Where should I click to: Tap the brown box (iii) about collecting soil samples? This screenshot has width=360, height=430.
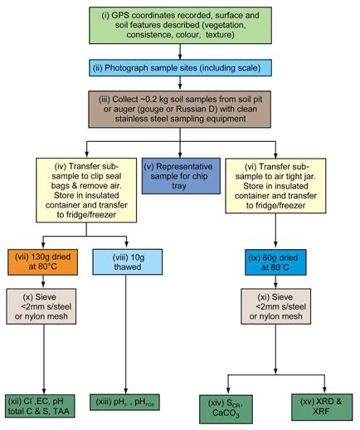tap(181, 106)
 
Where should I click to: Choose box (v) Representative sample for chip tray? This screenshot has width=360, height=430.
tap(181, 177)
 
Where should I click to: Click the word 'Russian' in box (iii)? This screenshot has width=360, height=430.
tap(210, 106)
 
